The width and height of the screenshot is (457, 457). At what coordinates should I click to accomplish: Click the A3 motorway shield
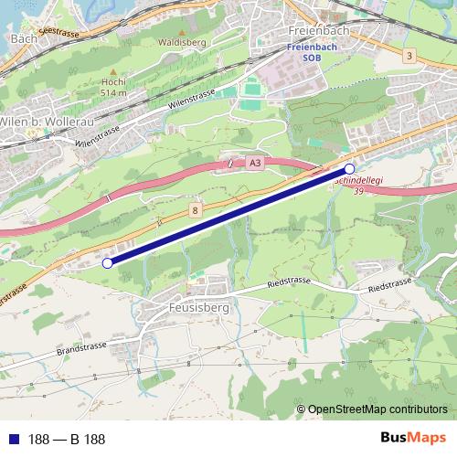[254, 163]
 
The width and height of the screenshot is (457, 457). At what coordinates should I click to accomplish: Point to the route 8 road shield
[197, 210]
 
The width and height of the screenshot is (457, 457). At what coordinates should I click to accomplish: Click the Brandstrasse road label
[83, 349]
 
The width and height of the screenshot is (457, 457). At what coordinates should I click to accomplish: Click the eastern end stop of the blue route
[349, 169]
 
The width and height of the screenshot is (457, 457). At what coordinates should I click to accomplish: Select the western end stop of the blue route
[107, 263]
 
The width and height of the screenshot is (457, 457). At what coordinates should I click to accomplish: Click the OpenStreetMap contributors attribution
[377, 410]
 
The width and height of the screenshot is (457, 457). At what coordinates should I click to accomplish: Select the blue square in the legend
[14, 440]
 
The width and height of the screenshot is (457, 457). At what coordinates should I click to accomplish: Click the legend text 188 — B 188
[67, 440]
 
